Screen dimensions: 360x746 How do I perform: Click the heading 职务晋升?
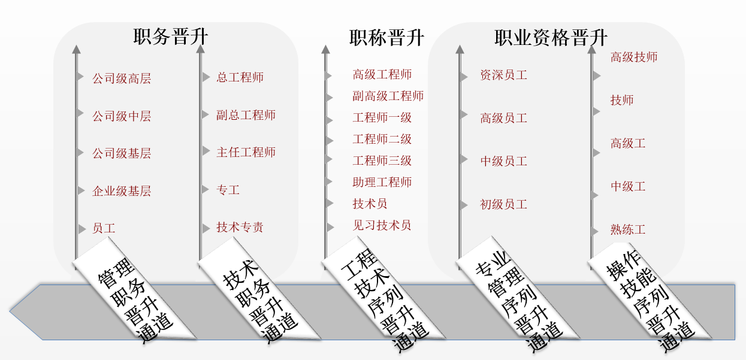tap(171, 37)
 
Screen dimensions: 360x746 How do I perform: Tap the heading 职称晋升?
tap(386, 38)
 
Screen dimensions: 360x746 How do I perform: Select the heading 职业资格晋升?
tap(551, 38)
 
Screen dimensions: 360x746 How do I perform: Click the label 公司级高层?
tap(121, 78)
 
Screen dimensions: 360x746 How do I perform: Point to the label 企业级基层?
tap(121, 191)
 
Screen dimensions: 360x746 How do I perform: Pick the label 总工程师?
tap(240, 77)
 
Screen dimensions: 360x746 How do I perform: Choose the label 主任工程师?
tap(246, 152)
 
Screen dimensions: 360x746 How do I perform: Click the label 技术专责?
tap(240, 228)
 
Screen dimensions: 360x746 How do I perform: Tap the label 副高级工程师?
tap(388, 96)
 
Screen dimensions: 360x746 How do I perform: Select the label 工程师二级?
tap(382, 140)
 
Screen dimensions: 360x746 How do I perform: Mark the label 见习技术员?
tap(382, 226)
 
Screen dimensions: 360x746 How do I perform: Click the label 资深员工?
tap(503, 75)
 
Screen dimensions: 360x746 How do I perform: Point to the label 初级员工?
tap(503, 205)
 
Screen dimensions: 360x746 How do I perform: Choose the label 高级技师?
tap(634, 58)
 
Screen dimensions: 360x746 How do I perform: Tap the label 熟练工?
tap(628, 230)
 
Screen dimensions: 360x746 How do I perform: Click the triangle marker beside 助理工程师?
tap(329, 181)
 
